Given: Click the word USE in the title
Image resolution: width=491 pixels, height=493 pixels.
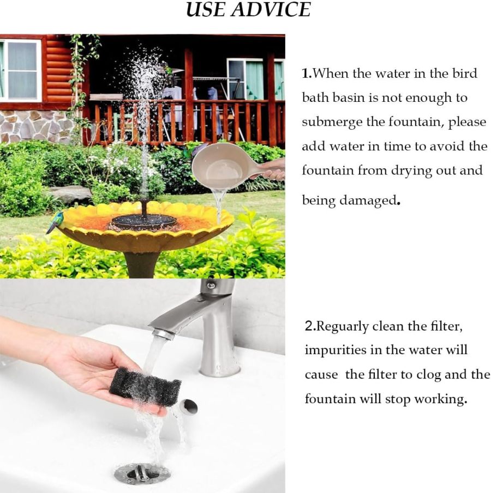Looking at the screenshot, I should [x=205, y=10].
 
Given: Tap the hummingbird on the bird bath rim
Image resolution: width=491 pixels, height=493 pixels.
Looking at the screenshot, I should [x=55, y=222].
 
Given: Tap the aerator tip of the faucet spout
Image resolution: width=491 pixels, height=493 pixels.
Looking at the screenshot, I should [x=163, y=333].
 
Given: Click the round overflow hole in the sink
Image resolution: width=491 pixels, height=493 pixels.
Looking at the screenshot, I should [x=189, y=406].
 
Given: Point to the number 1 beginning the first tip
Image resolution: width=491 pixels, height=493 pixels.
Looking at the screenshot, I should [x=306, y=74].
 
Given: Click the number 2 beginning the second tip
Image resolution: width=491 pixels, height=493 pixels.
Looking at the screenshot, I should [x=308, y=327].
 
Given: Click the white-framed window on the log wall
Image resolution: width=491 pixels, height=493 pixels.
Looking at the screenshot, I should [x=20, y=70].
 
